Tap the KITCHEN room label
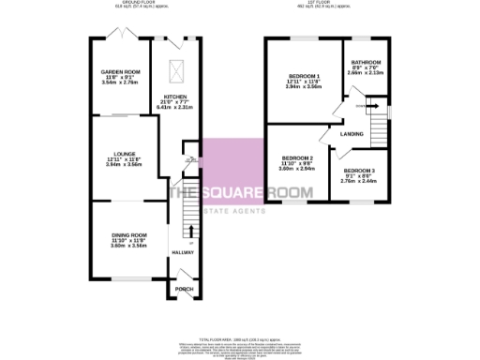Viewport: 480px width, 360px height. pos(175,97)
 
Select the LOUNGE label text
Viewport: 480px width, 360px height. pos(119,154)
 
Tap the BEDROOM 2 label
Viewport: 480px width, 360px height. pos(298,157)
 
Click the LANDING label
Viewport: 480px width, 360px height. pos(352,135)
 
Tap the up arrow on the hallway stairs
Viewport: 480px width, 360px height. pos(192,230)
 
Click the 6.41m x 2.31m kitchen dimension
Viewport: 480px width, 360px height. pos(175,108)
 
